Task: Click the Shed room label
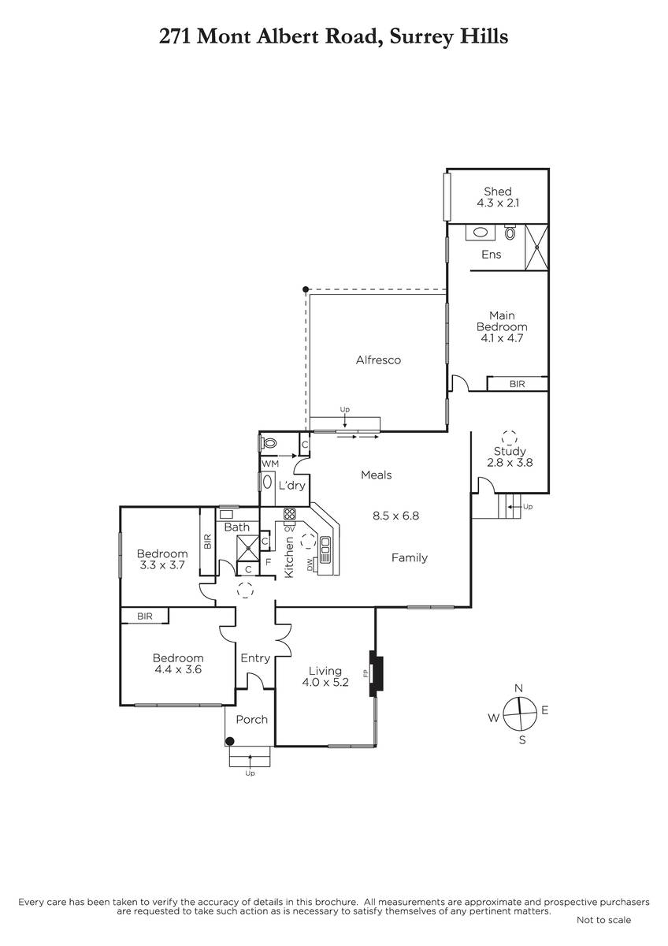pos(498,192)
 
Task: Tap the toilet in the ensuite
pos(510,232)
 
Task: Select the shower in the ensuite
pos(536,247)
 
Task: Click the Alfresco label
pos(378,359)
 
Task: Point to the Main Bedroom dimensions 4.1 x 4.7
pos(502,338)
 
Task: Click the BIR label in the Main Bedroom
pos(517,384)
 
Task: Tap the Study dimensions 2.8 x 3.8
pos(510,463)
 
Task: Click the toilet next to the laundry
pos(269,444)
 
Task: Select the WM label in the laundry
pos(270,464)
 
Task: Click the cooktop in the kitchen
pos(289,514)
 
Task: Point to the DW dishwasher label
pos(310,565)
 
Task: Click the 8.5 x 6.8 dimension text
pos(395,516)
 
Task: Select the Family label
pos(410,558)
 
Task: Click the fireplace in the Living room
pos(376,673)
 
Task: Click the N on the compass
pos(518,688)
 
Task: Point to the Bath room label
pos(237,527)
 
